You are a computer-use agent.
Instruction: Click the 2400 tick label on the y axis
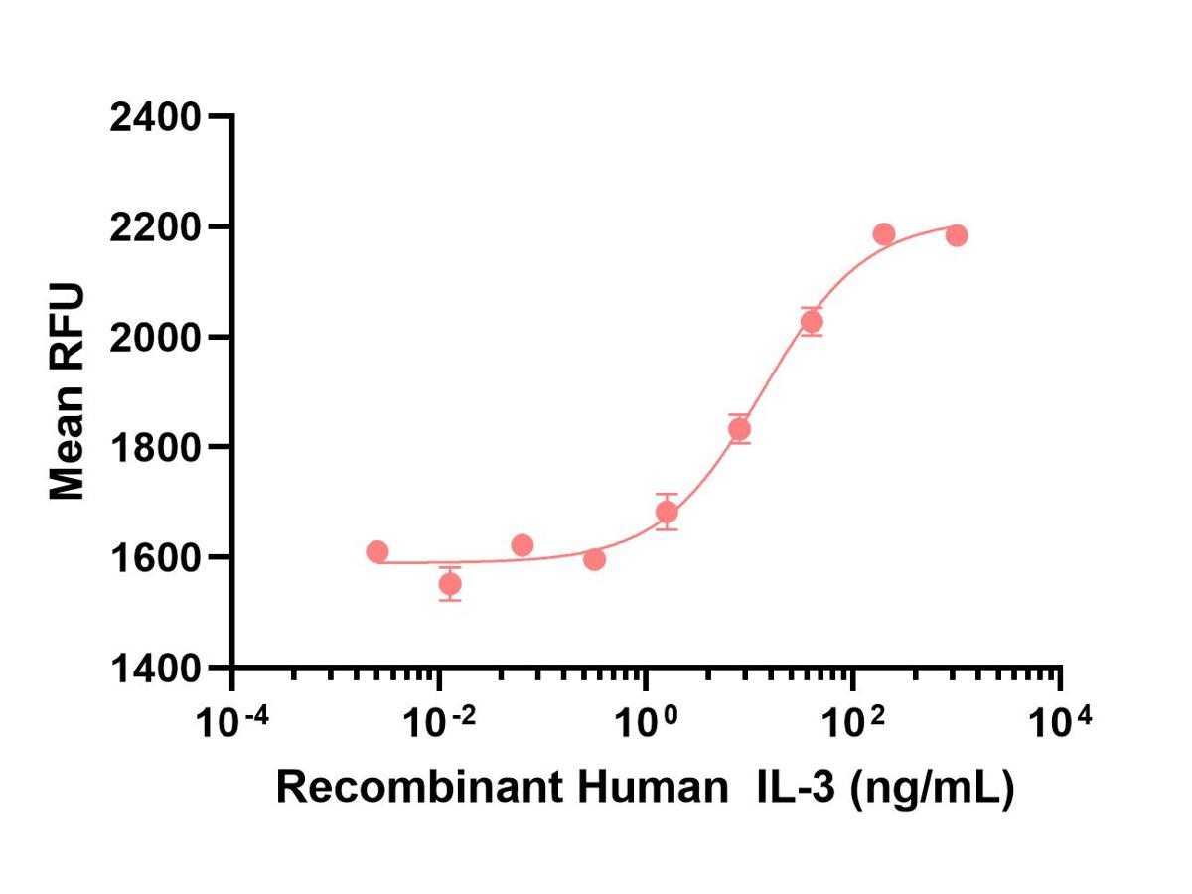pos(155,117)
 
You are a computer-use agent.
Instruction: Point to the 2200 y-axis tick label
pos(155,227)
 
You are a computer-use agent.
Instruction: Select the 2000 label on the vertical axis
pos(155,338)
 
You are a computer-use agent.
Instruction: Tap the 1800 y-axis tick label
pos(155,448)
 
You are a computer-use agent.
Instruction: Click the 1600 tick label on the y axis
pos(155,557)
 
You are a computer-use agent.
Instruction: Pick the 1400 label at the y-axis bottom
pos(155,668)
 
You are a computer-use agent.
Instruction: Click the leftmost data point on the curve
pos(377,552)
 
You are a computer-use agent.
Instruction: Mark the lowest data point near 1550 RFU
pos(450,584)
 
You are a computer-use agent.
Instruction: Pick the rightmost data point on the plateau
pos(957,235)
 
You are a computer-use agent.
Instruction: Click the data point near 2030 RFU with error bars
pos(812,322)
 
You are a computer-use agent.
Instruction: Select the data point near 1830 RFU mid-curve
pos(739,429)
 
